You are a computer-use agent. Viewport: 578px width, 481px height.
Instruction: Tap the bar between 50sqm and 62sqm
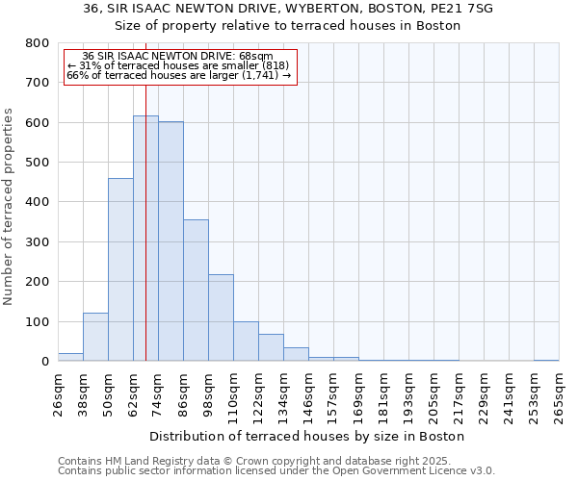tap(120, 269)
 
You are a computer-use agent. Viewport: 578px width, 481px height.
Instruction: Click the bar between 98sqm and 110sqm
tap(221, 317)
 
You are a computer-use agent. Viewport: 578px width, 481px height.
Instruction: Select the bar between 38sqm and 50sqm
tap(95, 337)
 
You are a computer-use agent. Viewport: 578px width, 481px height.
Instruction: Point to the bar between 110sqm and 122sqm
tap(246, 342)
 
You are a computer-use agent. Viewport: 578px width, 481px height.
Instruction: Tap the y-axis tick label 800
tap(38, 43)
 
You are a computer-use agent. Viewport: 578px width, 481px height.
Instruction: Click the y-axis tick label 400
tap(38, 202)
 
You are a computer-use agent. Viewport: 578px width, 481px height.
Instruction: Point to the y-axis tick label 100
tap(38, 321)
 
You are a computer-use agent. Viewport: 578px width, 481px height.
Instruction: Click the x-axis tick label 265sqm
tap(559, 395)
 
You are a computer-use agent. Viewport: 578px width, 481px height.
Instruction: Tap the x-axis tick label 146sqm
tap(308, 395)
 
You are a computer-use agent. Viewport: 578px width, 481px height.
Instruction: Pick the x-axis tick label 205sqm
tap(433, 395)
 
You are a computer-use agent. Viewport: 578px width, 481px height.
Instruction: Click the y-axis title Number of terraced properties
tap(9, 206)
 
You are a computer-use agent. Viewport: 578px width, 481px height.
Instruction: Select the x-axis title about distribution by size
tap(307, 436)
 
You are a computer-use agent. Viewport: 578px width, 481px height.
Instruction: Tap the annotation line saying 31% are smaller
tap(177, 65)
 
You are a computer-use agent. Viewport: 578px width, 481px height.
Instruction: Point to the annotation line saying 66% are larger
tap(178, 75)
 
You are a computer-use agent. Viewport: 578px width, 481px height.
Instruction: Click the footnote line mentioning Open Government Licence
tap(276, 471)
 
